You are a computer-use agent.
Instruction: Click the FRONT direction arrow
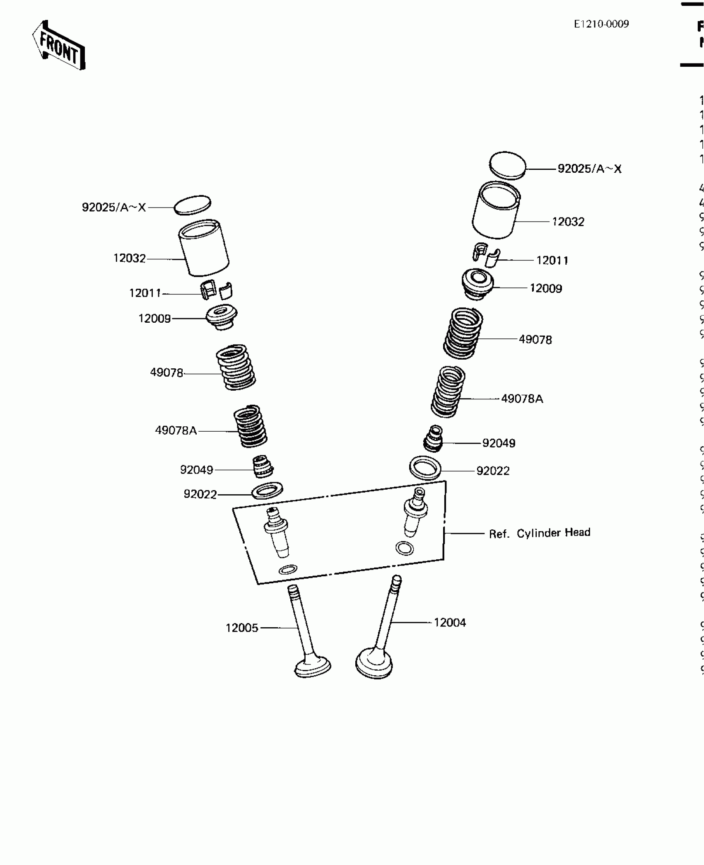click(59, 46)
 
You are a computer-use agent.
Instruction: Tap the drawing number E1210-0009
click(601, 24)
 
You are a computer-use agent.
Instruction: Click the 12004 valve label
click(450, 622)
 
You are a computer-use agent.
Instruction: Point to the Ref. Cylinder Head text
click(539, 533)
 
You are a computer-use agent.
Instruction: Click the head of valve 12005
click(313, 666)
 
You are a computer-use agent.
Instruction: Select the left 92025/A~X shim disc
click(192, 205)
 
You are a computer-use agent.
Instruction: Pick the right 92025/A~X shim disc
click(507, 165)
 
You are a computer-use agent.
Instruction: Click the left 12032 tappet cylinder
click(204, 248)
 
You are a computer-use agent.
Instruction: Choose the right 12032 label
click(568, 222)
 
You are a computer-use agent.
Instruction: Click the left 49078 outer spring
click(236, 367)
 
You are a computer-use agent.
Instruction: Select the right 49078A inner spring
click(448, 392)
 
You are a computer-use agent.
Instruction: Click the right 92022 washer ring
click(425, 468)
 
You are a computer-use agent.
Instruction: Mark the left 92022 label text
click(200, 494)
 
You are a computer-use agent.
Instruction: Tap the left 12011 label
click(145, 293)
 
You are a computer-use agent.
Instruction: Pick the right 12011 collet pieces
click(486, 255)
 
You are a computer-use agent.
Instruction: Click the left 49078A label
click(176, 430)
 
